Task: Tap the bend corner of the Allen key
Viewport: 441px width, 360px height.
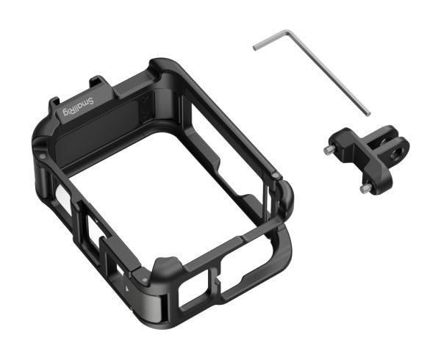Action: [x=288, y=32]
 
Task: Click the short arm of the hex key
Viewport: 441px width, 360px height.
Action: [x=270, y=40]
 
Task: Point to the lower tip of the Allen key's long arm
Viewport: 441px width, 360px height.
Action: [x=368, y=114]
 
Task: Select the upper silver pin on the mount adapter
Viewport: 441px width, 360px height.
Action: [x=328, y=150]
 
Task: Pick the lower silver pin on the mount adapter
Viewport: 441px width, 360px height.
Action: [x=365, y=189]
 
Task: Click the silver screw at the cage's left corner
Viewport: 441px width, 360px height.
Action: [x=42, y=156]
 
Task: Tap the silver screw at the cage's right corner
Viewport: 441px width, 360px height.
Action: [x=276, y=176]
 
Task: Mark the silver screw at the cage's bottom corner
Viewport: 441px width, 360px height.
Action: [x=145, y=280]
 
